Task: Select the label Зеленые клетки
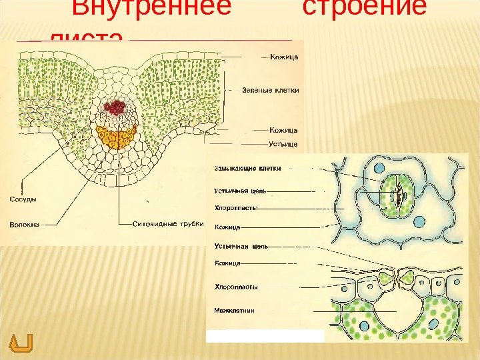(270, 89)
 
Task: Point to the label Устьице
(283, 143)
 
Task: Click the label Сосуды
(23, 199)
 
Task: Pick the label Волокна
(25, 225)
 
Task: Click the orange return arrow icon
(21, 343)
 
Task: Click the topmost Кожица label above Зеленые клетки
(283, 57)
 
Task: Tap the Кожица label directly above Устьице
(283, 129)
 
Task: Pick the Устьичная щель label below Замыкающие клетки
(240, 191)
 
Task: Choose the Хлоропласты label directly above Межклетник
(236, 287)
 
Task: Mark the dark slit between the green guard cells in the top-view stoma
(397, 194)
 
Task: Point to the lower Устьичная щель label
(241, 246)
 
